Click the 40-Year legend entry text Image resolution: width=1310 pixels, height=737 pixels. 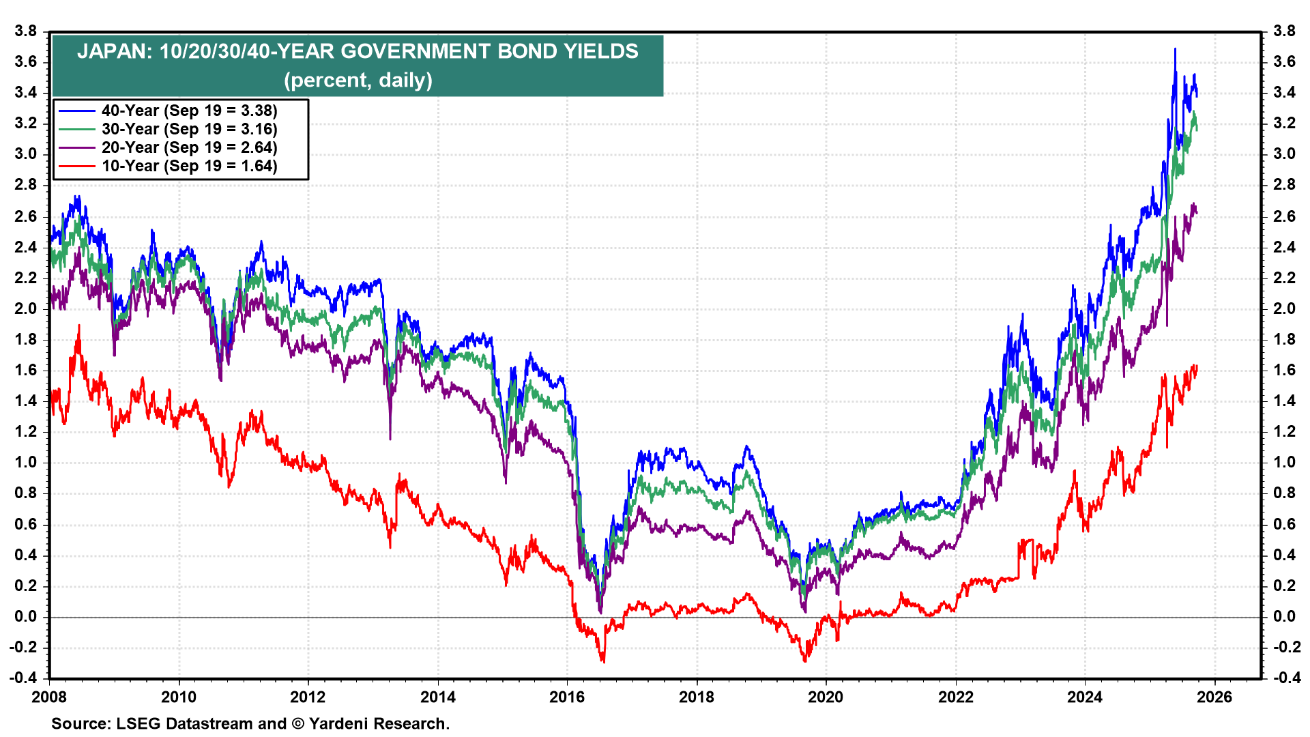tap(189, 111)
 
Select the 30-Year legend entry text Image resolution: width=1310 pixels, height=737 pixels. tap(189, 129)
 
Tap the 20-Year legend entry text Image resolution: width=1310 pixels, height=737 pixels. tap(189, 147)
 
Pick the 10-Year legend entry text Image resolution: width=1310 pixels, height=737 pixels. tap(189, 166)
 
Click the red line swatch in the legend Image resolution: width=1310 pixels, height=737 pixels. tap(76, 166)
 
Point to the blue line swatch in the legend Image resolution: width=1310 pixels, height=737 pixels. tap(76, 111)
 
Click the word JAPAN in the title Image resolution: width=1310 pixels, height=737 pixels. tap(112, 52)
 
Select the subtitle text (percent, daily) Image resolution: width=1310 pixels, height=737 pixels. tap(358, 81)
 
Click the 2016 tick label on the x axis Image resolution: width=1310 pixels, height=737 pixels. tap(567, 697)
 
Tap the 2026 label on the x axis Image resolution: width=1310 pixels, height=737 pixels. tap(1214, 697)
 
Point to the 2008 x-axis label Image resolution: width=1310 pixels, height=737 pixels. tap(49, 697)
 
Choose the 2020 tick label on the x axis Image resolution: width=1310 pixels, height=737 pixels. tap(826, 697)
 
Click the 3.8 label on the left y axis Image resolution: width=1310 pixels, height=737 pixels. tap(25, 31)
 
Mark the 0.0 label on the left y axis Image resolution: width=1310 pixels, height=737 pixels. tap(25, 616)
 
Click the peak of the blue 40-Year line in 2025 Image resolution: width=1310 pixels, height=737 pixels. tap(1175, 49)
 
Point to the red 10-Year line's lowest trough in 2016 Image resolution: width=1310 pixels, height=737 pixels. tap(603, 661)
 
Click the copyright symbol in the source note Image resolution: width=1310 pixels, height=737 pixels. tap(297, 723)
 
